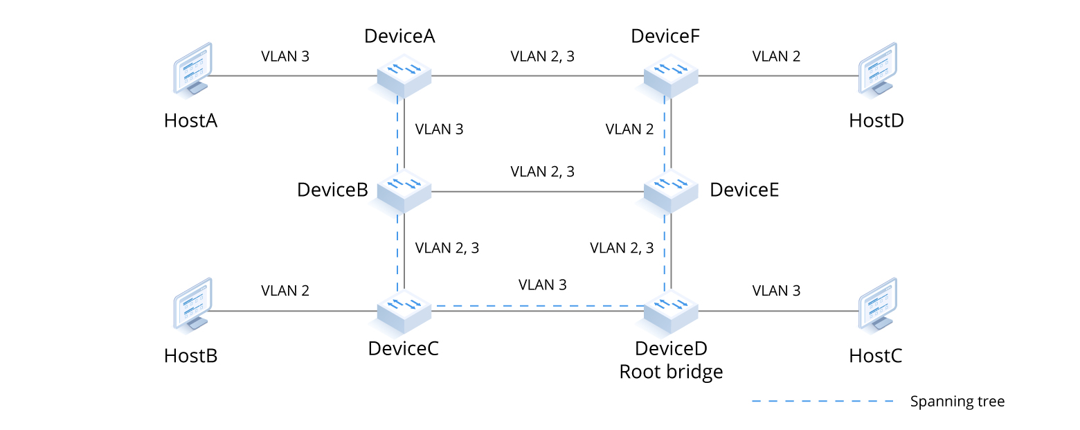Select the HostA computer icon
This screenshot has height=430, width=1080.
point(191,69)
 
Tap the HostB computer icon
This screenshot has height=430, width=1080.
point(191,305)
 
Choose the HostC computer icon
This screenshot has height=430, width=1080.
point(877,305)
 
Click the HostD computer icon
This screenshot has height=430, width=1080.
point(877,69)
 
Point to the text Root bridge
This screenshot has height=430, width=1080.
point(671,372)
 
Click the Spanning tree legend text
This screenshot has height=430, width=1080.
point(957,401)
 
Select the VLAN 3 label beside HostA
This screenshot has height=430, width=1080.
point(285,56)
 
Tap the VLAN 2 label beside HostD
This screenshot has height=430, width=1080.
point(776,56)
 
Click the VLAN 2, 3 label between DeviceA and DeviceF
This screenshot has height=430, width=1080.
point(542,56)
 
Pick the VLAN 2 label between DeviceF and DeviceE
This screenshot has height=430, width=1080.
point(629,129)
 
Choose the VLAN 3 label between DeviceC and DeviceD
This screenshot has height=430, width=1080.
point(542,285)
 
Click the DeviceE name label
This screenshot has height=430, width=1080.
point(744,190)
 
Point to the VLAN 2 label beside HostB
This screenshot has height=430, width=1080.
point(285,290)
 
